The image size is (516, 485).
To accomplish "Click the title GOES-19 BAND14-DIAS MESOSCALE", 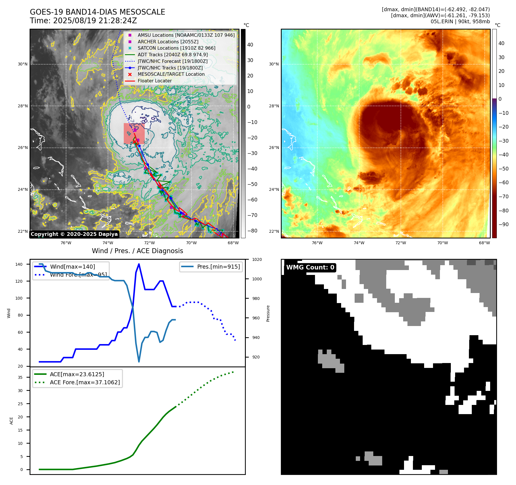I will (x=97, y=12).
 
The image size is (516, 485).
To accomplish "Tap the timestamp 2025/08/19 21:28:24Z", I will (x=95, y=21).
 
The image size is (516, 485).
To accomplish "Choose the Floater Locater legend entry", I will (x=154, y=81).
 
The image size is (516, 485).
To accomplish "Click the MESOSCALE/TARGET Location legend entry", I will (x=171, y=74).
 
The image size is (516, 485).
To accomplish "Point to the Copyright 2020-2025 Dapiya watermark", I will (x=74, y=234).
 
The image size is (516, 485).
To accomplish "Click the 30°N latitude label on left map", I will (x=23, y=64).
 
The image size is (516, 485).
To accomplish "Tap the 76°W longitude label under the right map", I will (x=317, y=243).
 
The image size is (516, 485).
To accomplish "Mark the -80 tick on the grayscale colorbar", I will (x=252, y=231).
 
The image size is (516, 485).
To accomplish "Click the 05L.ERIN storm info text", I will (x=460, y=22).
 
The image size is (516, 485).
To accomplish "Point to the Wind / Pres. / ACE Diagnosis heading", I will (x=137, y=251).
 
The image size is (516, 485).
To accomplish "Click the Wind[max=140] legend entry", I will (x=72, y=267).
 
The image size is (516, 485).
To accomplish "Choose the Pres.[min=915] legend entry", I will (x=218, y=267).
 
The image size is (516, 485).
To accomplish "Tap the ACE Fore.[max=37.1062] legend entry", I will (x=85, y=382).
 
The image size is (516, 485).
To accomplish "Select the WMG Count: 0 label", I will (x=310, y=267).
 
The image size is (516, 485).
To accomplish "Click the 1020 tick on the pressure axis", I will (x=257, y=259).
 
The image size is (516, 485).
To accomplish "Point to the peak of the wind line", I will (x=139, y=264).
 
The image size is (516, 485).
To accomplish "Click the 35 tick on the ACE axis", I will (x=20, y=377).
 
